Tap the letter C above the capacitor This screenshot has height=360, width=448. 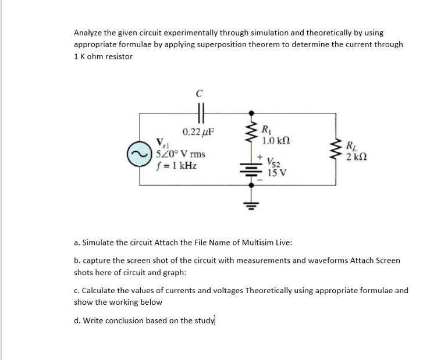coord(198,92)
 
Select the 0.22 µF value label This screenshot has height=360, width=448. coord(198,131)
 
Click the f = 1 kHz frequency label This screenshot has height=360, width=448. coord(177,166)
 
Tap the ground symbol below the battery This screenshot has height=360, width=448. coord(251,204)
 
